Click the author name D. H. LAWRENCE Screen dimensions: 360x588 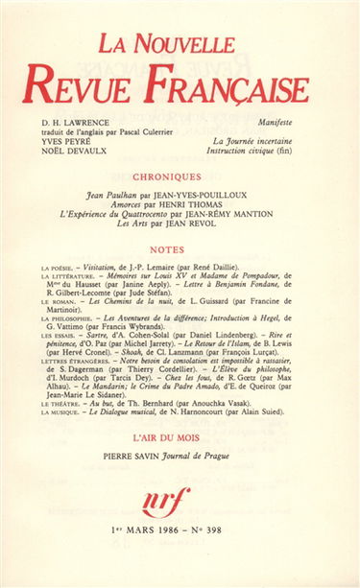click(77, 124)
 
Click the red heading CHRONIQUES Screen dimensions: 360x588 click(180, 176)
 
